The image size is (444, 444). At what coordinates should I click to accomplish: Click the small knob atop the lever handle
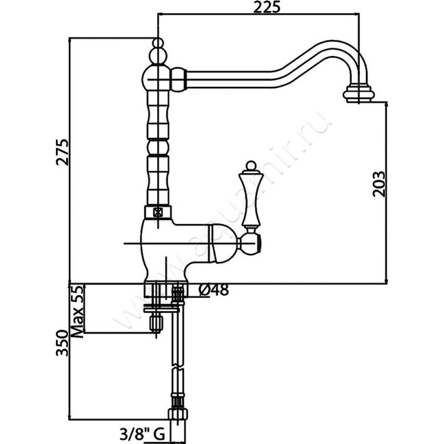(250, 165)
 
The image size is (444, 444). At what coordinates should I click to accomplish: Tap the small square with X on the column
(158, 211)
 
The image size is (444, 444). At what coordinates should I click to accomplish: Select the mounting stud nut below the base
(157, 322)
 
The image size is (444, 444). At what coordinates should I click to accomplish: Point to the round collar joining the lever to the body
(250, 242)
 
